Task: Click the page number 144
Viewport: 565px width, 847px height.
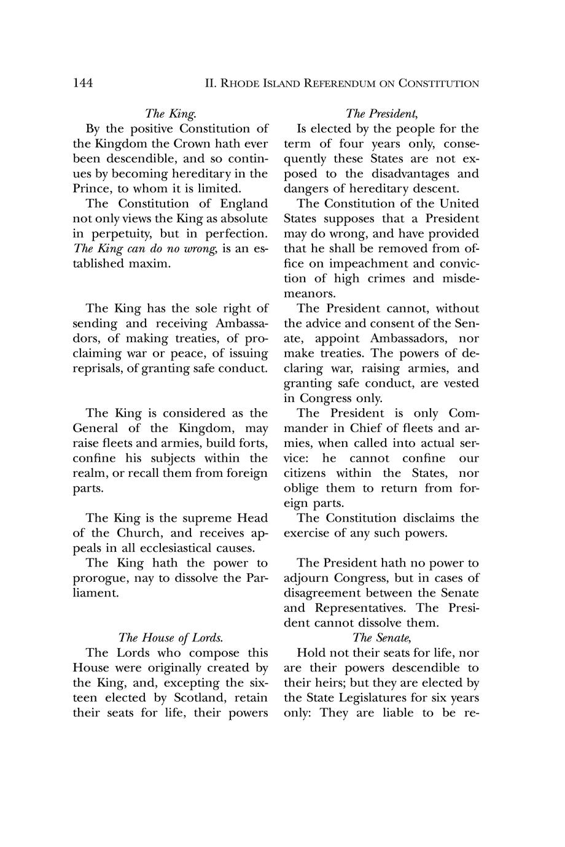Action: pos(83,83)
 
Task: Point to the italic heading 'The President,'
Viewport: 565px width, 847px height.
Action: pos(381,114)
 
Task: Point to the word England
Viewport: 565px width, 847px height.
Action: pos(244,204)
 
